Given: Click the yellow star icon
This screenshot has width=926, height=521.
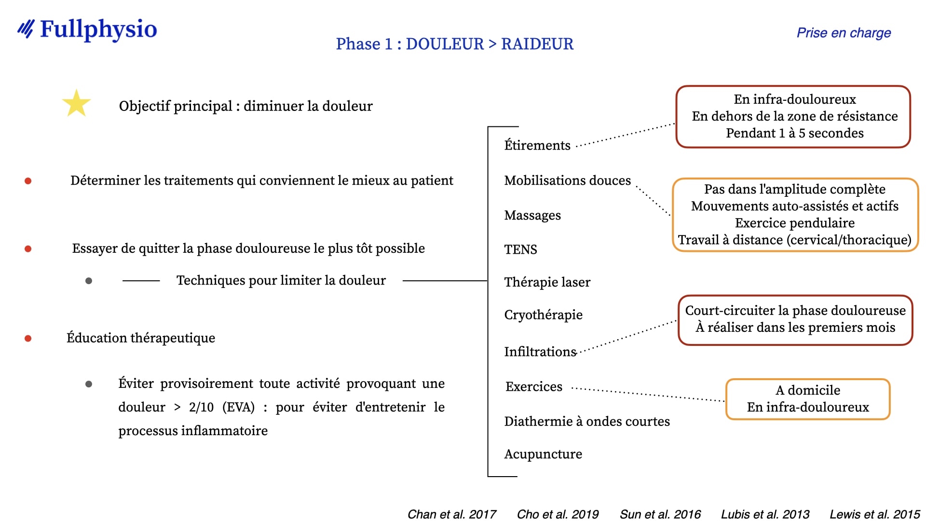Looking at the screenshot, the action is (x=77, y=103).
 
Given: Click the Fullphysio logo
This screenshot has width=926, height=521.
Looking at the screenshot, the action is (x=87, y=29).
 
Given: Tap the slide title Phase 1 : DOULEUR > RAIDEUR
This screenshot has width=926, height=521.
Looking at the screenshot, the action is (x=454, y=44).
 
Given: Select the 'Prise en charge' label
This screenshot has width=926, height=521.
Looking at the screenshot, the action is (x=844, y=33).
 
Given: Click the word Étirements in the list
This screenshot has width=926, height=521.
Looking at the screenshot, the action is (x=537, y=145).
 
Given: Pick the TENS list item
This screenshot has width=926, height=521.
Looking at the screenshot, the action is (x=520, y=249).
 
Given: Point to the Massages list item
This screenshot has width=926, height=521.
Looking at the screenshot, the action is (x=532, y=215).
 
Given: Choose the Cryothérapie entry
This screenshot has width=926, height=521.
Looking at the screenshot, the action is (x=543, y=315).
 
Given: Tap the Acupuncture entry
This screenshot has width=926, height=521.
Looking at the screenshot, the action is (x=543, y=454).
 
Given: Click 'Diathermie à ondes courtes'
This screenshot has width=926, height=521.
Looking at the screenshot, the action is (x=587, y=421).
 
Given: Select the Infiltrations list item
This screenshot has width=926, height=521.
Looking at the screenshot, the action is (x=540, y=352).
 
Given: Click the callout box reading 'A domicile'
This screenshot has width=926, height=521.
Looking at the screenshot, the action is (x=808, y=399).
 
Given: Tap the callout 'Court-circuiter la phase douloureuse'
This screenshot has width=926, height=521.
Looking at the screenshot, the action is (x=795, y=320).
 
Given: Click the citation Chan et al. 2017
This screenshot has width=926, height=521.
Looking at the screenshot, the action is (x=452, y=514).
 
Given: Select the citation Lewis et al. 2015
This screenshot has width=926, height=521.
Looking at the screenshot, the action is (x=875, y=514).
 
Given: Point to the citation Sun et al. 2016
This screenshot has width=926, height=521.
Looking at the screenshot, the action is (x=660, y=514).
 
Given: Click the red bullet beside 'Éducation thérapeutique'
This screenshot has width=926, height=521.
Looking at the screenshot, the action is (x=28, y=339).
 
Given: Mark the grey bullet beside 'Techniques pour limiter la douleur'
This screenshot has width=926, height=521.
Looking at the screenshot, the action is (x=89, y=281).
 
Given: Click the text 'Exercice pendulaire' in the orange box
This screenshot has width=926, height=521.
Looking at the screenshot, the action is (x=795, y=223).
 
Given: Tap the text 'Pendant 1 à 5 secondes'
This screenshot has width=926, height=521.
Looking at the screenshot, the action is (x=795, y=133).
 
